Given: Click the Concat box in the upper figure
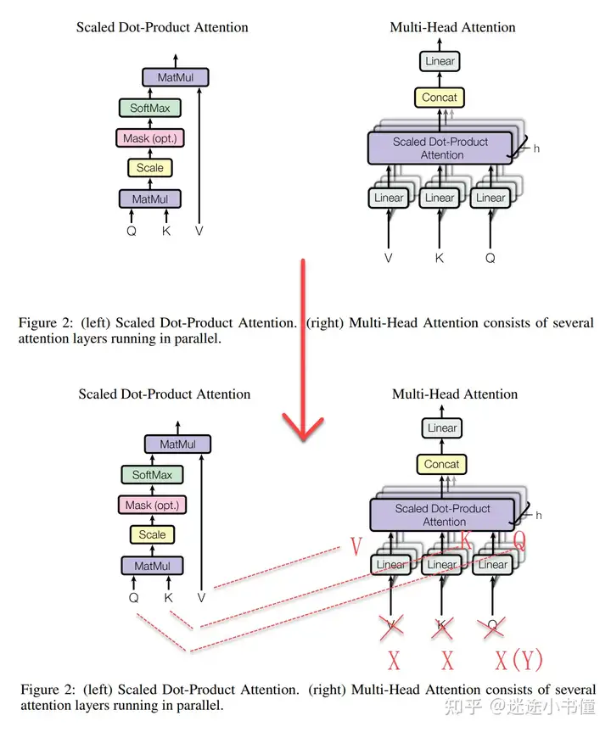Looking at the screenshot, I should pyautogui.click(x=440, y=98).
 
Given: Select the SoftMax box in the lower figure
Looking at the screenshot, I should pyautogui.click(x=152, y=475).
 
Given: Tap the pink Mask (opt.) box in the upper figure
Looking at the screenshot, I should pyautogui.click(x=149, y=138).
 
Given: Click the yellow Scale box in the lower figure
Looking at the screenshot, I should pyautogui.click(x=152, y=534).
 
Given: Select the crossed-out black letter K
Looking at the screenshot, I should pyautogui.click(x=441, y=628).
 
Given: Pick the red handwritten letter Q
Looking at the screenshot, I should pyautogui.click(x=519, y=539).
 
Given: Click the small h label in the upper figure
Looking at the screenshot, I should pyautogui.click(x=536, y=148).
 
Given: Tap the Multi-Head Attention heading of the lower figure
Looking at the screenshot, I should pyautogui.click(x=455, y=394).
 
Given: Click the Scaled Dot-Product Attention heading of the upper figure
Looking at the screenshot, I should pyautogui.click(x=162, y=27).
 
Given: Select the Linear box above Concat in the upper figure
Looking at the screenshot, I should pyautogui.click(x=440, y=61).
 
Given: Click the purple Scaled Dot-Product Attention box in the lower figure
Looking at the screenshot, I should pyautogui.click(x=442, y=515).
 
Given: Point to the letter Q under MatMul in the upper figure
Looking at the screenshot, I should pyautogui.click(x=132, y=230).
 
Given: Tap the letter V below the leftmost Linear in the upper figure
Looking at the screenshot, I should pyautogui.click(x=389, y=258).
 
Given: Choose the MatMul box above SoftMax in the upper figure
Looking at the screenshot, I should pyautogui.click(x=176, y=78).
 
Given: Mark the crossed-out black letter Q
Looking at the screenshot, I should pyautogui.click(x=493, y=628).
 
